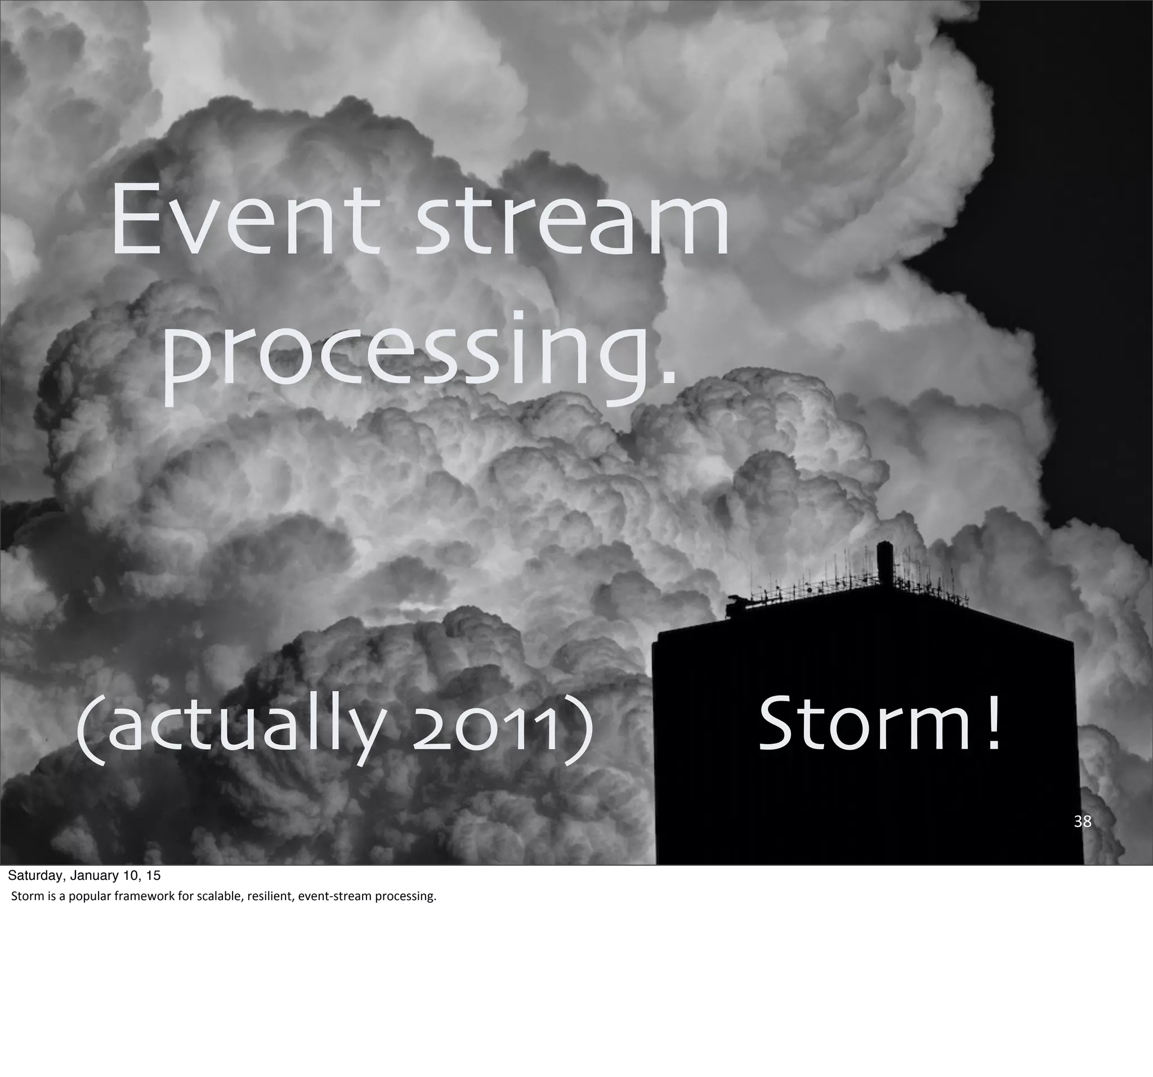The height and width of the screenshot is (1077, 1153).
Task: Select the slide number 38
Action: tap(1082, 821)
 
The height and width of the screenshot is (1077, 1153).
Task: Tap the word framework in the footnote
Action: tap(148, 897)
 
